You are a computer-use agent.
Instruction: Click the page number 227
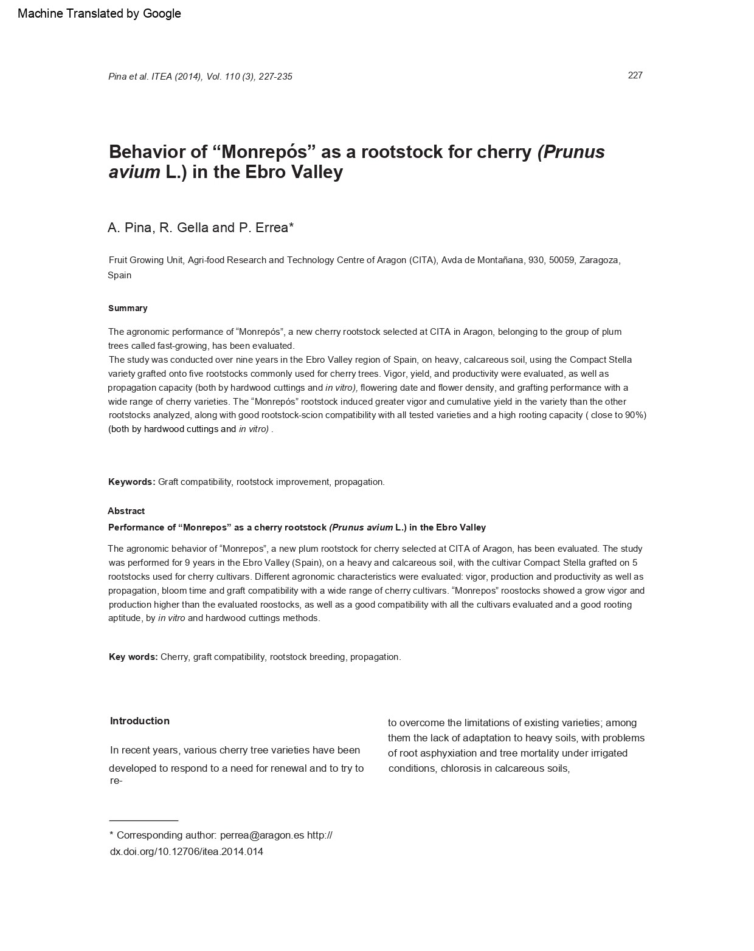635,75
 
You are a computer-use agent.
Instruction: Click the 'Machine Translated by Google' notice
99,13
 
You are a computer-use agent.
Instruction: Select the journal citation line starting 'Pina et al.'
200,77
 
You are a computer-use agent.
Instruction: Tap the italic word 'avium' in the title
134,173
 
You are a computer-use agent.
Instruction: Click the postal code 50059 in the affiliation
561,260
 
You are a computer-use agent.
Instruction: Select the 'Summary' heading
128,308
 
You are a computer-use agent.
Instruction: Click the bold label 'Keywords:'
132,482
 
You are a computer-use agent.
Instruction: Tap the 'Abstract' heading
126,511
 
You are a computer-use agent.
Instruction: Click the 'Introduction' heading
140,721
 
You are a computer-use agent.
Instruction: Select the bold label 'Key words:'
133,657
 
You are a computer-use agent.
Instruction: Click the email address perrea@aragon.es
261,835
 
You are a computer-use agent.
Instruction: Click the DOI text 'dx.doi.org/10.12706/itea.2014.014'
187,851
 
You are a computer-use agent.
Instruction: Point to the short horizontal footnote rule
144,820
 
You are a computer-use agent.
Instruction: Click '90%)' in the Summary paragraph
635,415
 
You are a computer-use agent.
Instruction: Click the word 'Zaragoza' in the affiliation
599,260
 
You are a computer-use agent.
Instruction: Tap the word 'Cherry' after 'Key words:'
175,657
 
